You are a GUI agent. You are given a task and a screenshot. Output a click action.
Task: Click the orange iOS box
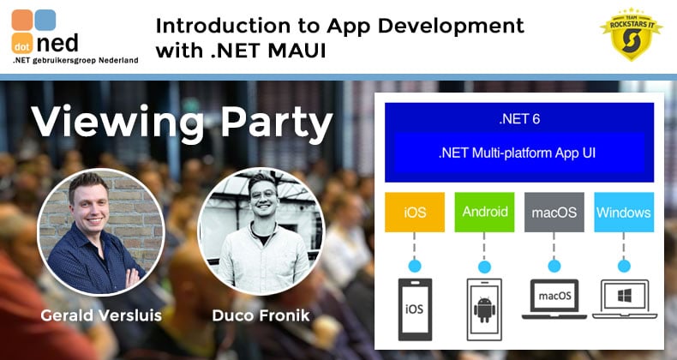(415, 212)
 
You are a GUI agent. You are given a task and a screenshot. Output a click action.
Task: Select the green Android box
(484, 212)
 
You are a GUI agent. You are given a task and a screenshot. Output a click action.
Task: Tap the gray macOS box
(554, 212)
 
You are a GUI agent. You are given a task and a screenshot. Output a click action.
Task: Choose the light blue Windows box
(624, 212)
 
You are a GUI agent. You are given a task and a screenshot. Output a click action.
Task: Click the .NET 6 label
(519, 118)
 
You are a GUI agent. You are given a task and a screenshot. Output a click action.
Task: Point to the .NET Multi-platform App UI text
(517, 153)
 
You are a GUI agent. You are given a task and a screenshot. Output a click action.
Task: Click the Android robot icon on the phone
(484, 309)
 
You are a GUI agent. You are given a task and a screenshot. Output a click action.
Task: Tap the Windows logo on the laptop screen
(625, 296)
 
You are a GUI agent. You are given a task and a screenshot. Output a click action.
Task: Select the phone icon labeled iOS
(415, 309)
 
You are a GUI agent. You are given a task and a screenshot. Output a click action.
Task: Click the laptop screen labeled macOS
(554, 296)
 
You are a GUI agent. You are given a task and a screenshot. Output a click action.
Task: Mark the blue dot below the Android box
(484, 267)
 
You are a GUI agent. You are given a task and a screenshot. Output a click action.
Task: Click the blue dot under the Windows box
(624, 266)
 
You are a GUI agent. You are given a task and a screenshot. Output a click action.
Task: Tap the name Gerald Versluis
(101, 315)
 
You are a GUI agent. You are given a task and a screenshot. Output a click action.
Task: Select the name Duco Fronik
(261, 315)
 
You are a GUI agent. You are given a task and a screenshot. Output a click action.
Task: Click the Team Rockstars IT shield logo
(631, 34)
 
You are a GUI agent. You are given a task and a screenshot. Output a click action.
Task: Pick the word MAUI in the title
(297, 51)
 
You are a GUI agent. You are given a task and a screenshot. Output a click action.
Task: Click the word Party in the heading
(277, 123)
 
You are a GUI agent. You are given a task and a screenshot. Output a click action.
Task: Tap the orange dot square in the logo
(22, 44)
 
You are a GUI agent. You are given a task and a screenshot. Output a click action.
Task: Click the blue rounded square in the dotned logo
(45, 20)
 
